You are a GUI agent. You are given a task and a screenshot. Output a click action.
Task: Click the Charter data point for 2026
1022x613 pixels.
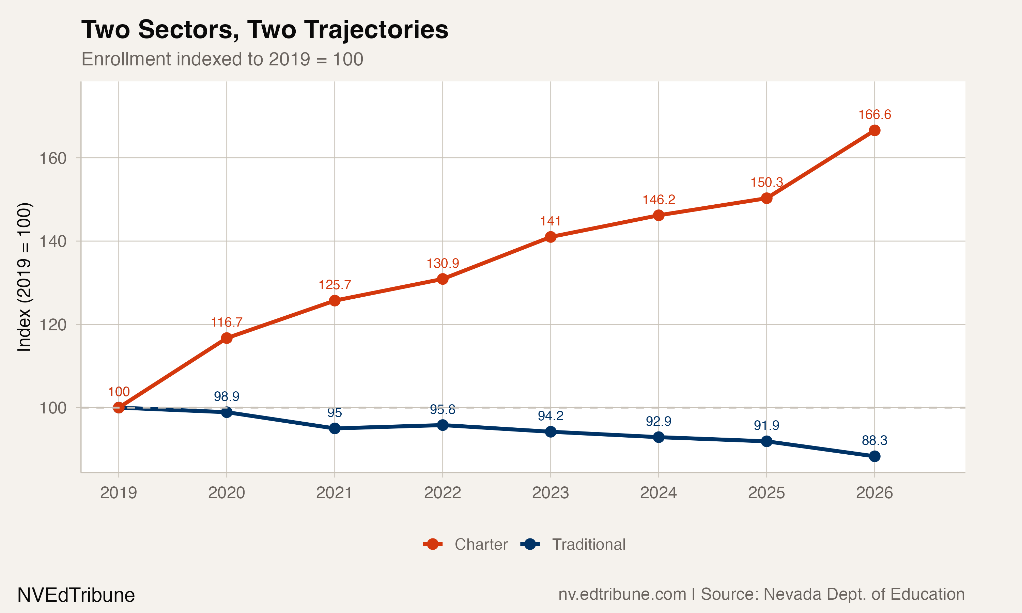pos(874,130)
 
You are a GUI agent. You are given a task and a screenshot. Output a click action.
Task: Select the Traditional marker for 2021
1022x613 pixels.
pos(335,428)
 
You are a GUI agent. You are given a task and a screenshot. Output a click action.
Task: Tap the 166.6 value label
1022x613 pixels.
pos(874,114)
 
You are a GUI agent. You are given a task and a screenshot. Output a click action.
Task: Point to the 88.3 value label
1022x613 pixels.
pos(874,440)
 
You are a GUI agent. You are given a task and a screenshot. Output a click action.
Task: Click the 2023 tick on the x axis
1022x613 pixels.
pos(550,493)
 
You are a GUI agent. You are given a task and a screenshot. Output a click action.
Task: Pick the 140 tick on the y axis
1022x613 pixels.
pos(53,241)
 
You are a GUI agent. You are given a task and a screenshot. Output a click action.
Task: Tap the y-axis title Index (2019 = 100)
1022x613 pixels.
pos(24,277)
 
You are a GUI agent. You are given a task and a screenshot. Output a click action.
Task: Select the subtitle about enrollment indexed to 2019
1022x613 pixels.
pos(222,59)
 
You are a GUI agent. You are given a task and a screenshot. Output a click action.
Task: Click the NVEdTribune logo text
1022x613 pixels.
pos(76,595)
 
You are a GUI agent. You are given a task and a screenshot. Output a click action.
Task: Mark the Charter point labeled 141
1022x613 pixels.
pos(550,237)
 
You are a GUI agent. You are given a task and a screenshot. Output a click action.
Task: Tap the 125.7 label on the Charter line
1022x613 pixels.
pos(335,285)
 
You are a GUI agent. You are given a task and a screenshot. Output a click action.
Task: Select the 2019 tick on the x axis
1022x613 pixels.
pos(119,493)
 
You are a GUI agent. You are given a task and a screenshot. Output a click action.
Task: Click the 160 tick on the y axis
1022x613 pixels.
pos(53,158)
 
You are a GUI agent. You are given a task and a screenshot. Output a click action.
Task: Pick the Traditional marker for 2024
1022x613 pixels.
pos(659,437)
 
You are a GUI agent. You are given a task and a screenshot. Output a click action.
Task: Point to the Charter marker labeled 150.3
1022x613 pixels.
pos(766,198)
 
